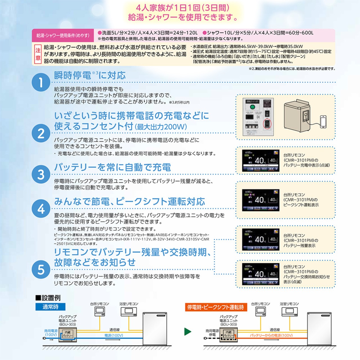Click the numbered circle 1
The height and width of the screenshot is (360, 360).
click(x=41, y=82)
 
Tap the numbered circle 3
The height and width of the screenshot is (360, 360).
click(x=41, y=174)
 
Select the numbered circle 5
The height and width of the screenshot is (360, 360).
click(x=41, y=269)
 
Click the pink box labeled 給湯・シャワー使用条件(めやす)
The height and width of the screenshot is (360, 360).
click(x=63, y=35)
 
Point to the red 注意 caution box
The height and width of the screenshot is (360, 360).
click(x=38, y=54)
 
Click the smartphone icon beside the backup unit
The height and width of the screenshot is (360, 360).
click(x=323, y=122)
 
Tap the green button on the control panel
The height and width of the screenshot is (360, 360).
click(x=252, y=107)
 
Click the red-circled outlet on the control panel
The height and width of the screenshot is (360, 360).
click(x=267, y=123)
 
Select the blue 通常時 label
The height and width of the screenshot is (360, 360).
click(x=50, y=307)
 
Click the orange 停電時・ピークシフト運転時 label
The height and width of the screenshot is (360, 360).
click(x=216, y=307)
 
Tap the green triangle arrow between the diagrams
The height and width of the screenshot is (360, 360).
click(x=188, y=331)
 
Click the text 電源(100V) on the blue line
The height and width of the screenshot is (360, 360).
click(x=114, y=335)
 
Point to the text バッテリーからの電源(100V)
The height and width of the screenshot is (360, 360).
click(x=271, y=335)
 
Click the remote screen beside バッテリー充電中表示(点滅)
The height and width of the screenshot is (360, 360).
click(x=261, y=161)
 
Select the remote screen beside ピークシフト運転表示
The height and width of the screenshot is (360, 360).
click(x=261, y=200)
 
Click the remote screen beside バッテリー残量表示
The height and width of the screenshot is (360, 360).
click(x=261, y=239)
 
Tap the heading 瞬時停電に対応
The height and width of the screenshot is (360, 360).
click(x=90, y=75)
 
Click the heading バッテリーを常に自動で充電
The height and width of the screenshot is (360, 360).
click(x=112, y=167)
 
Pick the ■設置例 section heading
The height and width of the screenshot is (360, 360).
click(x=48, y=298)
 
